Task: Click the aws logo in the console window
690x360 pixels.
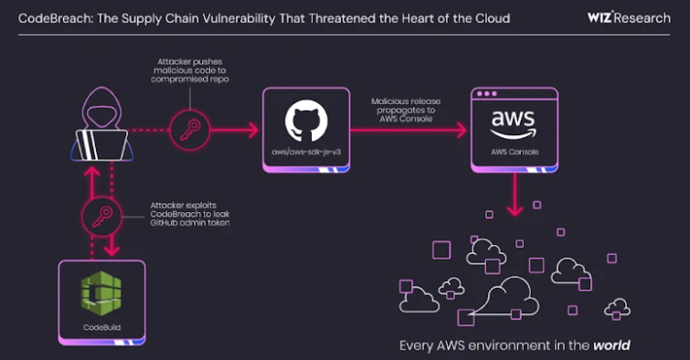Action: tap(513, 121)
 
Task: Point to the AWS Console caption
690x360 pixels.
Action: tap(513, 152)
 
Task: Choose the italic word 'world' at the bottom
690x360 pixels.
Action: tap(611, 346)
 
